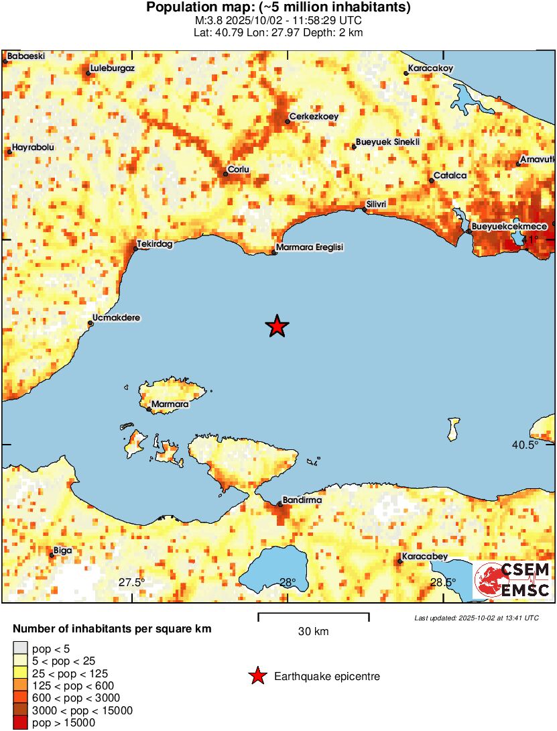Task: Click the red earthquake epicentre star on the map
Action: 277,326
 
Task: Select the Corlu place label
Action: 239,170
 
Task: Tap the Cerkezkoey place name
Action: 314,117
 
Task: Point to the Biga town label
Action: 62,551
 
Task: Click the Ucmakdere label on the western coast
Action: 117,318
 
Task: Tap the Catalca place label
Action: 450,176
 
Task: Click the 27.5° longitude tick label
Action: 131,582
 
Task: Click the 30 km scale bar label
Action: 313,632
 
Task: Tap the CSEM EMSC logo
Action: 512,579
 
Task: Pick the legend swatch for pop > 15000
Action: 20,722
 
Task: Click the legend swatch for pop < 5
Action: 20,648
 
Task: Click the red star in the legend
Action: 257,677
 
